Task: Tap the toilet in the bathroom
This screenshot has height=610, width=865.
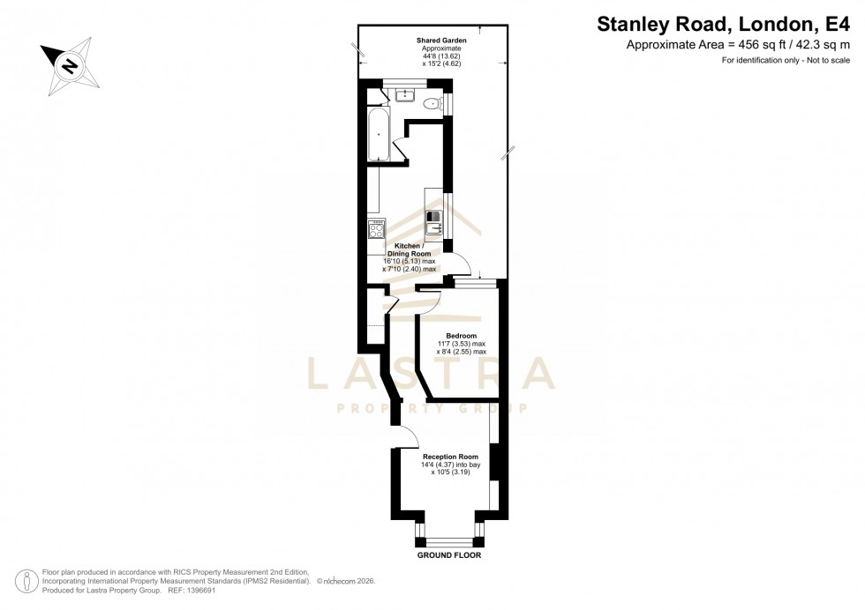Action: tap(431, 105)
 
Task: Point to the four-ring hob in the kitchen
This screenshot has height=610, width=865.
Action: tap(376, 229)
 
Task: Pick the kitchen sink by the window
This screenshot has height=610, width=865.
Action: tap(433, 229)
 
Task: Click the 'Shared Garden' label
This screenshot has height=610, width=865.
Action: tap(441, 41)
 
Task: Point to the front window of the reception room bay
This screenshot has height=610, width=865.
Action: tap(450, 541)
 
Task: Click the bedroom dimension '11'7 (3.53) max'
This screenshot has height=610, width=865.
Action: tap(462, 344)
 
